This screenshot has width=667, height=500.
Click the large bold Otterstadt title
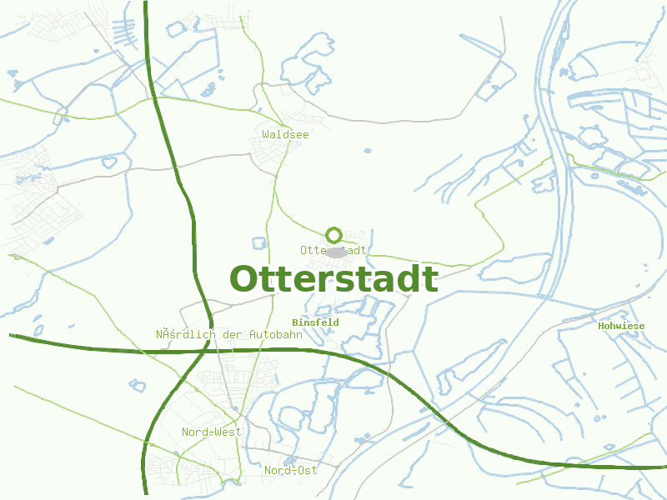point(333,280)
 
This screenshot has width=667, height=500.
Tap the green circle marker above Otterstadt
point(334,235)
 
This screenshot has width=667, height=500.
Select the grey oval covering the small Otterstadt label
point(336,251)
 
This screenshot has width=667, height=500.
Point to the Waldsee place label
point(285,134)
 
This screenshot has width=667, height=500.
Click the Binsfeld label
point(315,322)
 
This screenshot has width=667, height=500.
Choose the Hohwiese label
point(621,326)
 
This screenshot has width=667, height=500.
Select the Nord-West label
point(211,432)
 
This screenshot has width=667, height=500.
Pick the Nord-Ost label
point(290,471)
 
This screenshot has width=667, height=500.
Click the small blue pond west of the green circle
point(258,243)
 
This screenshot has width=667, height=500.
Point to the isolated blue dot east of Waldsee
point(368,151)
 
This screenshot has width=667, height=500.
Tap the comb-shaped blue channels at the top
point(127,33)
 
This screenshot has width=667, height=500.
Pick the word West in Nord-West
point(227,432)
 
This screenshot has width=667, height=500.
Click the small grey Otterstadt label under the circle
point(333,250)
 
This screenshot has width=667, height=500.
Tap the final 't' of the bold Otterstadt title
point(430,280)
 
